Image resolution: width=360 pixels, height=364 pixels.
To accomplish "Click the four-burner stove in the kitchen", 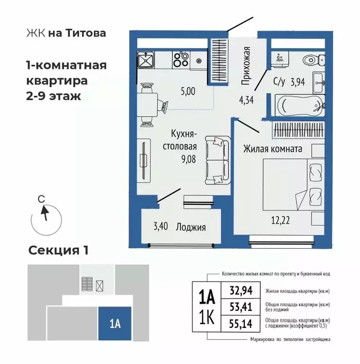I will [x=180, y=60].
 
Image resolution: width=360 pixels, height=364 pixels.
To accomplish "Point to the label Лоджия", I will [x=191, y=227].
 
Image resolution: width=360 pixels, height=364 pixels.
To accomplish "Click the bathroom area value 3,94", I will [x=297, y=81].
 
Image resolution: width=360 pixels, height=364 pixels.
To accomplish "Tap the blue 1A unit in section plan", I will [x=114, y=324].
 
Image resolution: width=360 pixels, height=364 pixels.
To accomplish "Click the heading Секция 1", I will [x=59, y=250].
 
